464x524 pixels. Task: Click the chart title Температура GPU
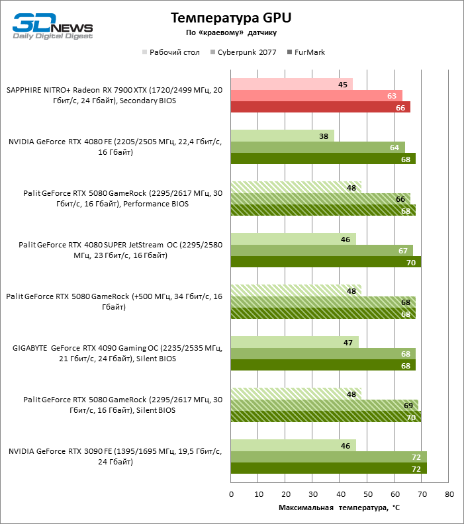click(x=230, y=17)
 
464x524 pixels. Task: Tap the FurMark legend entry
click(x=310, y=52)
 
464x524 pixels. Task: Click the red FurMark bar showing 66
click(x=320, y=107)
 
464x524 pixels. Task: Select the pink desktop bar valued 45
click(x=291, y=84)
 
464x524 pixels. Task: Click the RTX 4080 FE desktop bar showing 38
click(x=283, y=136)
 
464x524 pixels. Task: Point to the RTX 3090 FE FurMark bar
click(x=328, y=468)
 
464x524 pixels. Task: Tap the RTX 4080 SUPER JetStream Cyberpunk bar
click(x=322, y=251)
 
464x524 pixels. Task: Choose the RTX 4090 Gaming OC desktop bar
click(x=295, y=342)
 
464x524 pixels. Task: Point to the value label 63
click(x=391, y=96)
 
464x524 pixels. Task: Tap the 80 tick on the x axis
click(x=449, y=494)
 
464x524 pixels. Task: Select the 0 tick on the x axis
click(x=231, y=494)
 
